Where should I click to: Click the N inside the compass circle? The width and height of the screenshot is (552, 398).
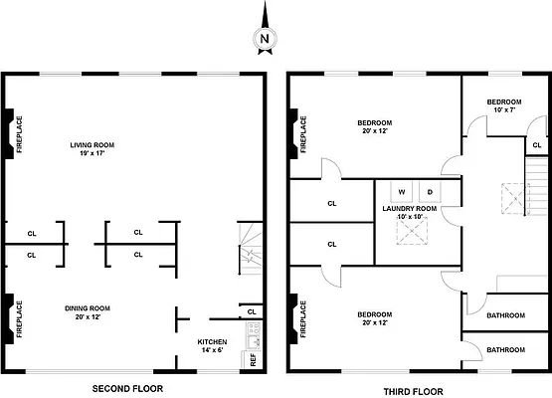(265, 39)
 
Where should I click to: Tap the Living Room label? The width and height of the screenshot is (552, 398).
(92, 144)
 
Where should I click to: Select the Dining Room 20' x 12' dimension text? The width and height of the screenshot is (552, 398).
(88, 316)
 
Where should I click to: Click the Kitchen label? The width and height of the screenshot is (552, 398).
(212, 341)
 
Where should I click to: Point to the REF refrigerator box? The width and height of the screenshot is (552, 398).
(252, 359)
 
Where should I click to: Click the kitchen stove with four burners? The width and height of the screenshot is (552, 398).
(254, 329)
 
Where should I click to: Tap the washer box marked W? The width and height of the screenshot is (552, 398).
(402, 192)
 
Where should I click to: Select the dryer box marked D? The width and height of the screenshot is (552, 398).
(430, 192)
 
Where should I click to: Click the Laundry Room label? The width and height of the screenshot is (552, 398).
(410, 209)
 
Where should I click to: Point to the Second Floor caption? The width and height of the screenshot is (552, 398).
(127, 388)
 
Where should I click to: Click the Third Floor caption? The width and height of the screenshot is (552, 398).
(414, 391)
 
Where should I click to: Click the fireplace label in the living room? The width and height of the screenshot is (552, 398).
(19, 134)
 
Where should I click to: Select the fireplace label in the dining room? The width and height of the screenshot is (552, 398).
(19, 318)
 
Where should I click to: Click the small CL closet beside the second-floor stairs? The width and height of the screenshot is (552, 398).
(252, 311)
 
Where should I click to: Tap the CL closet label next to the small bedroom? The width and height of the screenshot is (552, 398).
(537, 144)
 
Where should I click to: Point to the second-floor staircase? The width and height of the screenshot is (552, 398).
(251, 249)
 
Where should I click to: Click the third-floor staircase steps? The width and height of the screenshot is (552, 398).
(536, 186)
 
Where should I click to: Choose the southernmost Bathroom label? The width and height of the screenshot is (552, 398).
(505, 350)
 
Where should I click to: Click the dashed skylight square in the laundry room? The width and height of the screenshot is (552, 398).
(412, 231)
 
